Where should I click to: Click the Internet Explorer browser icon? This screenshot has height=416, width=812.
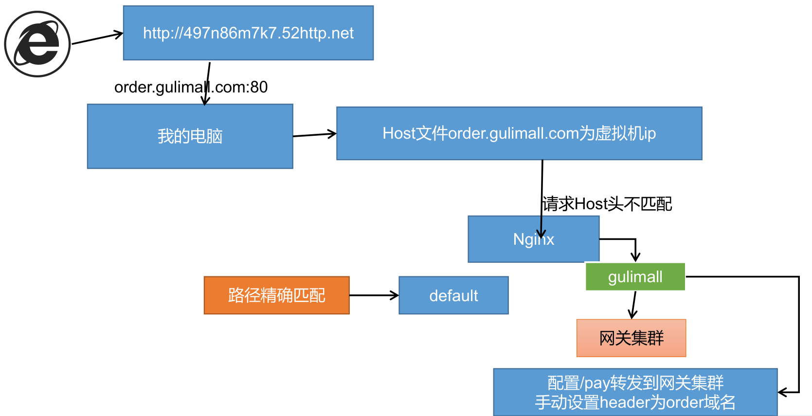[x=37, y=44]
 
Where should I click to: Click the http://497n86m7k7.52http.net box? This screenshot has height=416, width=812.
[x=248, y=33]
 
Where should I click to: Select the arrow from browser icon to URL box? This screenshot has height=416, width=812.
[x=97, y=38]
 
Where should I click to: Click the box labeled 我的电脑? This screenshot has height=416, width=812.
[x=190, y=136]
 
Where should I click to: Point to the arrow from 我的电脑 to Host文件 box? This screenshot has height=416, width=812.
[x=314, y=135]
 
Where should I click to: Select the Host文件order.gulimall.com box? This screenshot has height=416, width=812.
[x=519, y=133]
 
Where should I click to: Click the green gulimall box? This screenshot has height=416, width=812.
[x=635, y=277]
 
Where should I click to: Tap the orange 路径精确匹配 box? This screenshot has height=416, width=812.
[x=276, y=295]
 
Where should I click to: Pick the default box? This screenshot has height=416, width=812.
[x=453, y=295]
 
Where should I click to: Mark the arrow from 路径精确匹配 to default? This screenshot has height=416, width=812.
[x=374, y=295]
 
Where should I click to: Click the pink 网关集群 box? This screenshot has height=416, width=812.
[x=631, y=338]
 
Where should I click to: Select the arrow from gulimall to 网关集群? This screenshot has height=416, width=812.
[x=633, y=305]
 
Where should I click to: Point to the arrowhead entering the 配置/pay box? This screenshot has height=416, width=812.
[x=782, y=392]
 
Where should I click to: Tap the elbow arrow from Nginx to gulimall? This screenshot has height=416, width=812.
[x=628, y=239]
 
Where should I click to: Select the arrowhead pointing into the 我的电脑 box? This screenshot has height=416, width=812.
[x=205, y=101]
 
